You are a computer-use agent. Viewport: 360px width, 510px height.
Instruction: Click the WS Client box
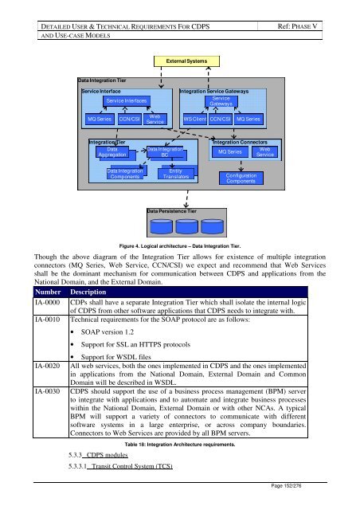(x=194, y=119)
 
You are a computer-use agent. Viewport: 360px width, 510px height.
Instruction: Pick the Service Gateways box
(x=221, y=101)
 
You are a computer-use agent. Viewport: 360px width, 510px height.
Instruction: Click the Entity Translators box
(x=175, y=174)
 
